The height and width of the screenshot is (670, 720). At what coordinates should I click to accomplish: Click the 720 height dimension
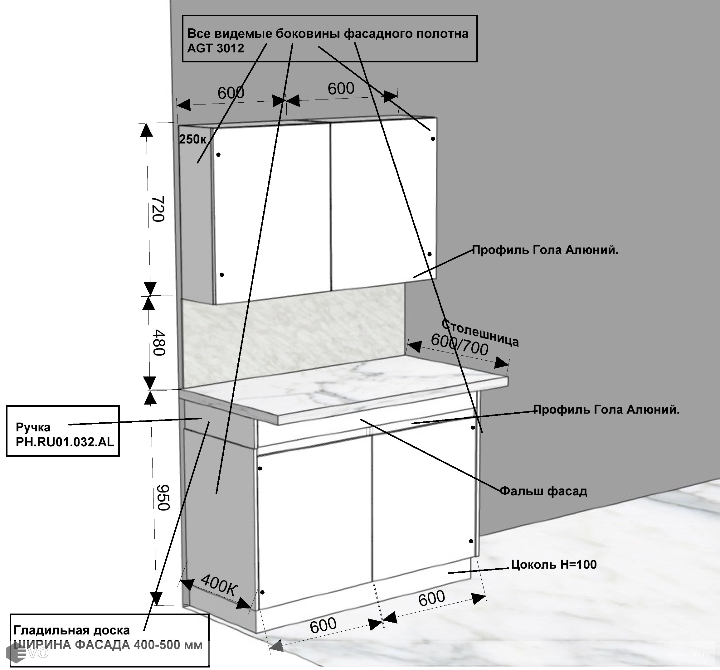point(158,209)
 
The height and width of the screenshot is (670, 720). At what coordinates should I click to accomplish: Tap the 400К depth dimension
point(218,584)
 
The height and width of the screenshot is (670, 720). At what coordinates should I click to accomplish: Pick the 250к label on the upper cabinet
point(193,139)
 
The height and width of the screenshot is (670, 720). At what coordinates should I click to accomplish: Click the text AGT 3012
point(216,48)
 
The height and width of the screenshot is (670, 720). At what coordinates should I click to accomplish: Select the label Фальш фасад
point(543,491)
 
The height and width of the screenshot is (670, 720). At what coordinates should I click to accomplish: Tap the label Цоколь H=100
point(554,564)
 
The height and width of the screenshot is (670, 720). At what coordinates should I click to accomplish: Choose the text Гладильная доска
point(72,630)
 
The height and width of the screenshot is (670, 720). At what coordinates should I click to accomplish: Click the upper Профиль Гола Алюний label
point(545,250)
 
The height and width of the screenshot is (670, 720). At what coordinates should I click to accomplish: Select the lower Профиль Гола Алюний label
point(606,410)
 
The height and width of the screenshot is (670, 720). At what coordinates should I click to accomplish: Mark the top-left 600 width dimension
point(231,93)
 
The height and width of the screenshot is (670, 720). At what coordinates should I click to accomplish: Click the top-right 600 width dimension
point(341,89)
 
